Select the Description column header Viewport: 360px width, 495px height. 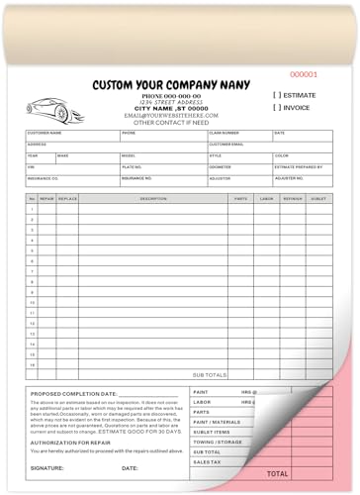[x=153, y=198]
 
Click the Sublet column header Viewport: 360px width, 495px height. [x=317, y=198]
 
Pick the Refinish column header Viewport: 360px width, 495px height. [x=292, y=198]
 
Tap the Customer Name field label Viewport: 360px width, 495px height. [x=45, y=132]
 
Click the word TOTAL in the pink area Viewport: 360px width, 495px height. [x=278, y=474]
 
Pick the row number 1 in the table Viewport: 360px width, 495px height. [x=32, y=209]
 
